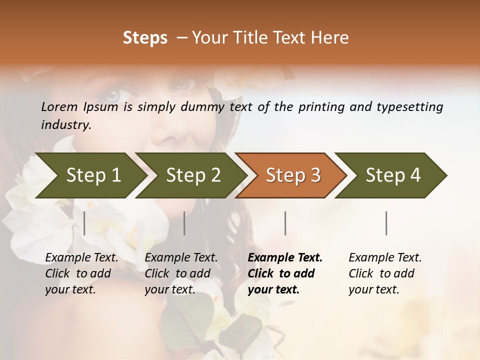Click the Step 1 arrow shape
point(90,175)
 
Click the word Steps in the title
point(145,38)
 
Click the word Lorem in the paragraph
point(59,107)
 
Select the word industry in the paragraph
point(65,125)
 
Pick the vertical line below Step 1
point(84,223)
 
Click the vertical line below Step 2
point(184,223)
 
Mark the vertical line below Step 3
point(285,223)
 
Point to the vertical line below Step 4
point(386,223)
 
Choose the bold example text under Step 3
point(284,273)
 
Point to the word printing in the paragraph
point(320,107)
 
